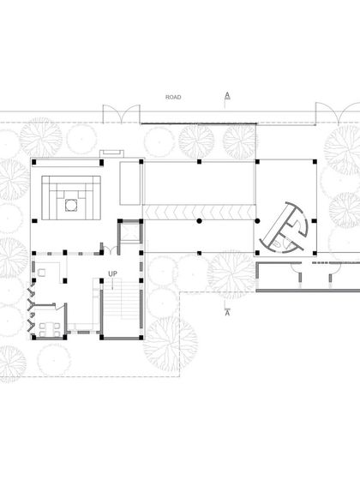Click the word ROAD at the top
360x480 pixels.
coord(173,98)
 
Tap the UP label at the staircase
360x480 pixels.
coord(112,274)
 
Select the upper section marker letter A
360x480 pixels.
coord(226,95)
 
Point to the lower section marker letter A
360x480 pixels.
coord(226,313)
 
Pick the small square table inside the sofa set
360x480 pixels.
coord(70,203)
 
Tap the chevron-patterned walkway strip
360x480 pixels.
coord(199,210)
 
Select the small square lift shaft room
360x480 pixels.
coord(128,234)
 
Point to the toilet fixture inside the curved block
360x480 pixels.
coord(284,243)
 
